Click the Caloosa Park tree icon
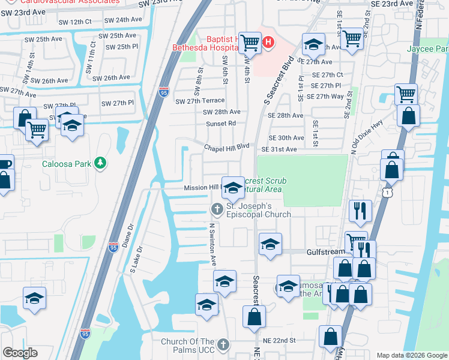click(x=101, y=163)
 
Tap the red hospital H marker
click(x=268, y=43)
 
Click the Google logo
click(x=20, y=353)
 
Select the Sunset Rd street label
click(x=221, y=124)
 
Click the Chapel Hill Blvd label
click(x=226, y=146)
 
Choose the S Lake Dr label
click(x=136, y=260)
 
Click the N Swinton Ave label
click(x=212, y=245)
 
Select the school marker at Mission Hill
click(x=233, y=188)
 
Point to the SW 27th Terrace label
click(x=200, y=101)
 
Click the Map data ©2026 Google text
click(x=412, y=355)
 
